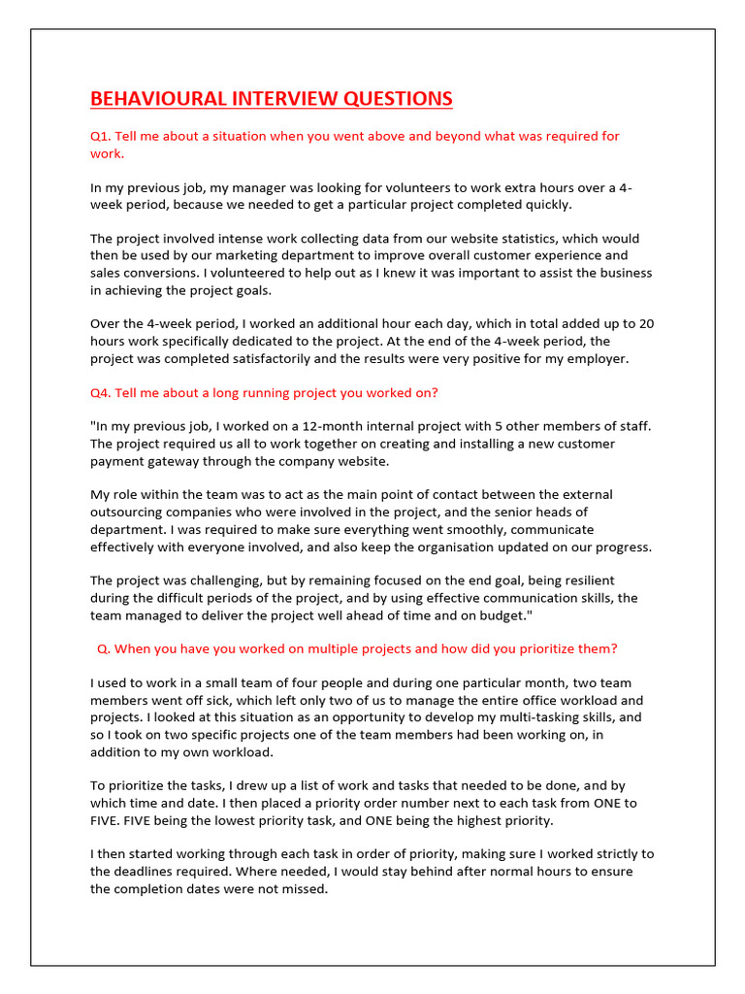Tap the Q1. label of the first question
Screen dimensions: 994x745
tap(101, 136)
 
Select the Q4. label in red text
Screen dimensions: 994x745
tap(101, 392)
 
